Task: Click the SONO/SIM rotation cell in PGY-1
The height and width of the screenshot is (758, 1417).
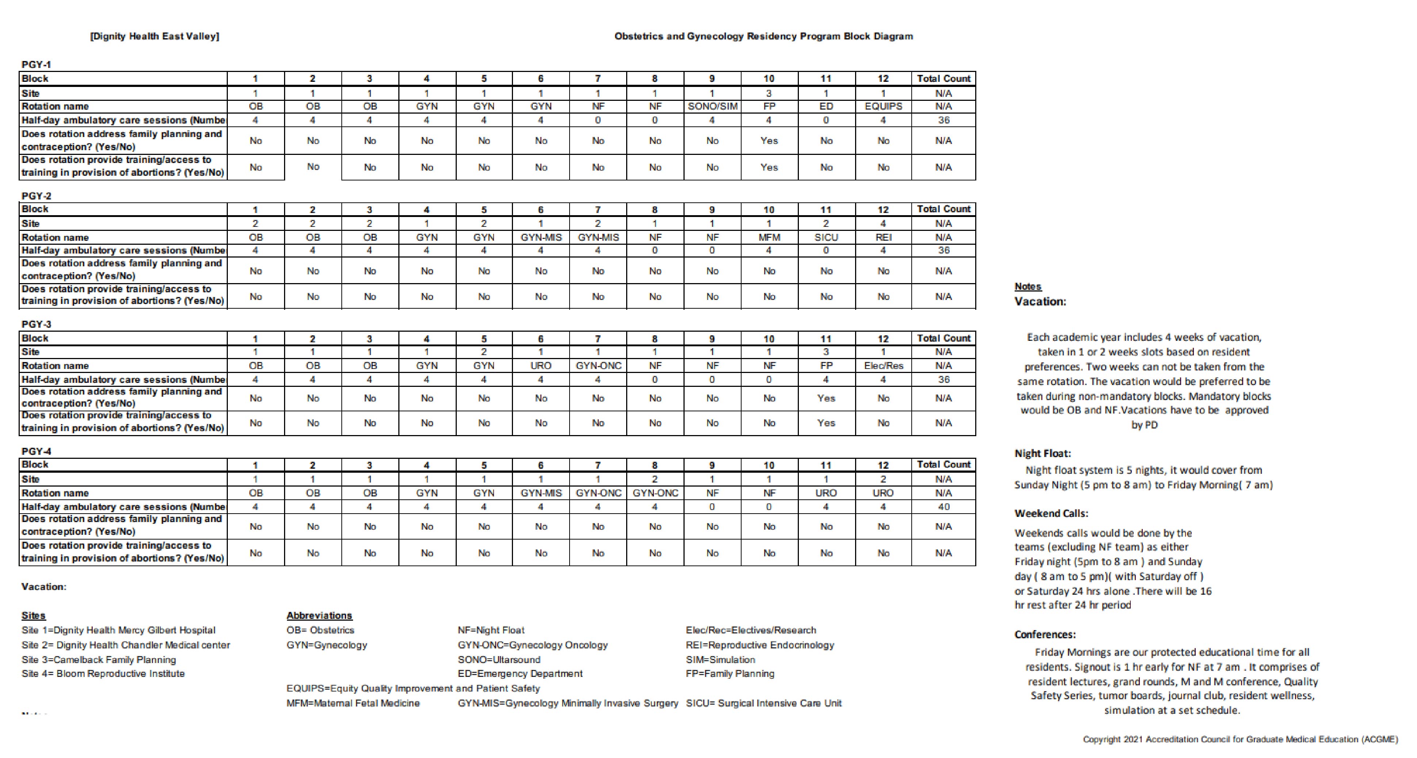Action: pos(712,106)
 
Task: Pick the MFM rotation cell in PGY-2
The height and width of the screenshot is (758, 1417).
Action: pos(769,237)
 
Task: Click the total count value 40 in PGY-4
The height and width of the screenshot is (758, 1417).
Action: pos(943,506)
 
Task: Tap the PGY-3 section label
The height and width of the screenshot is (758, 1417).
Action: pos(36,324)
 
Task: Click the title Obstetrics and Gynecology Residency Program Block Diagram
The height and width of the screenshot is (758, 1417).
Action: pos(763,36)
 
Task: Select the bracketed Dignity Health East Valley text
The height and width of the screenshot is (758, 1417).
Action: pos(154,36)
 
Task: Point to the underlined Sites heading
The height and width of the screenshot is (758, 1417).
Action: pos(34,616)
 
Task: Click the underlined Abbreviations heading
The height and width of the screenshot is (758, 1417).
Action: pos(319,616)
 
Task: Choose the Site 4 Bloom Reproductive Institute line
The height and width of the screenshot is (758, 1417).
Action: pos(103,673)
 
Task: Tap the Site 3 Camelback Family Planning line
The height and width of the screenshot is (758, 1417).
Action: pos(99,659)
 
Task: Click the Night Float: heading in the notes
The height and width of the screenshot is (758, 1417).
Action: pos(1042,454)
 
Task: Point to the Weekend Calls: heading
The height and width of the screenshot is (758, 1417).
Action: pos(1051,513)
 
